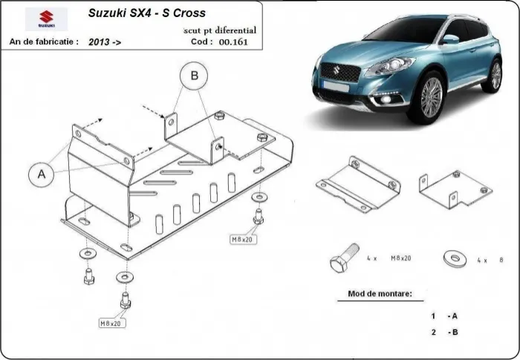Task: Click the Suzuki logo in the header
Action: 45,19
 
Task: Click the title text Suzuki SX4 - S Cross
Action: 147,13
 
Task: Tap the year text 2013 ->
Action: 105,43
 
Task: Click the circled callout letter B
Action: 194,75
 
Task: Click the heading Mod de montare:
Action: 380,294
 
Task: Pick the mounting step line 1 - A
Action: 443,315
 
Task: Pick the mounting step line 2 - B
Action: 443,333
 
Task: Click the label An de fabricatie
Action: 44,42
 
